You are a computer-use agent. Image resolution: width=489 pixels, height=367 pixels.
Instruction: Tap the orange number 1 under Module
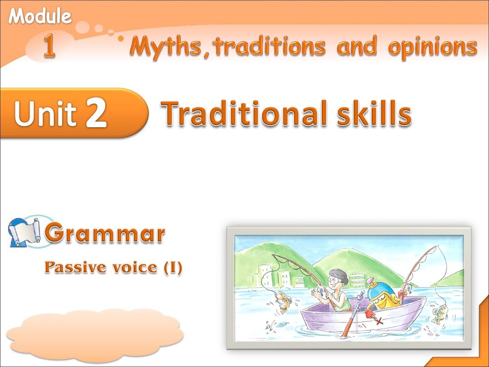[49, 47]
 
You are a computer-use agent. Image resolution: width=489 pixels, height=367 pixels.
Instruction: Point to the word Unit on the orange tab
[45, 114]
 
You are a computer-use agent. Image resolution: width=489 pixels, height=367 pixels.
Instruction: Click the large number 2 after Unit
[96, 113]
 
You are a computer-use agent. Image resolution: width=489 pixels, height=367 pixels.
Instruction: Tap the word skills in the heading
[373, 113]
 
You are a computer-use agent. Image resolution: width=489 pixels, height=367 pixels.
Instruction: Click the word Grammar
[105, 234]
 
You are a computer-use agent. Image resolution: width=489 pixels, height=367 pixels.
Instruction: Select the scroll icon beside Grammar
[24, 232]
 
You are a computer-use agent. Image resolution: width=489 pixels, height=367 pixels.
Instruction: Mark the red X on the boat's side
[378, 321]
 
